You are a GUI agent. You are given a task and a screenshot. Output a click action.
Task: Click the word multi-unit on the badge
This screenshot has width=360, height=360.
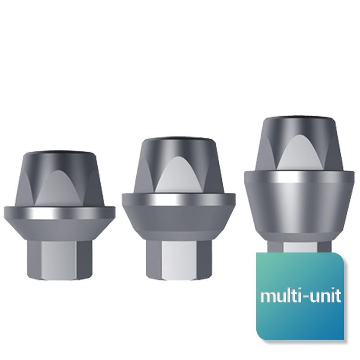tap(301, 296)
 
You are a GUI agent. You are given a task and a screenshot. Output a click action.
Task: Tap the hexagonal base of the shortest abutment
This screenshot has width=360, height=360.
tap(59, 261)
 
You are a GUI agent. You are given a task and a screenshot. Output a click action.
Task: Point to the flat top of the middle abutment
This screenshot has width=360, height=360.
tap(179, 139)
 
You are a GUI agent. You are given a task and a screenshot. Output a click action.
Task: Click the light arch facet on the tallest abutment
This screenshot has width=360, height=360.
tap(299, 153)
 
